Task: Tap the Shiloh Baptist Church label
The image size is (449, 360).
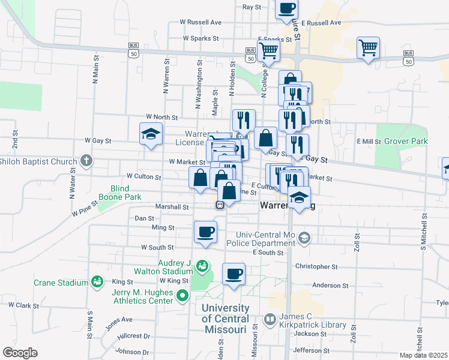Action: (x=38, y=161)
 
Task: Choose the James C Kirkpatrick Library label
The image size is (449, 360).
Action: (x=313, y=320)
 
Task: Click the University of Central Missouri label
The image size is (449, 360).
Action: (x=224, y=319)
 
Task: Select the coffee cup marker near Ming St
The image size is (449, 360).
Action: (x=205, y=232)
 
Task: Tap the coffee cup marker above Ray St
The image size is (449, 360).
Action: (x=286, y=8)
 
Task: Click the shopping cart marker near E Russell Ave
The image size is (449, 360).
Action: (x=368, y=47)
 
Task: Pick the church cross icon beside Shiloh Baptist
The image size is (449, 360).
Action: (x=86, y=161)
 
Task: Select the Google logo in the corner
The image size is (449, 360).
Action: (x=20, y=353)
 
